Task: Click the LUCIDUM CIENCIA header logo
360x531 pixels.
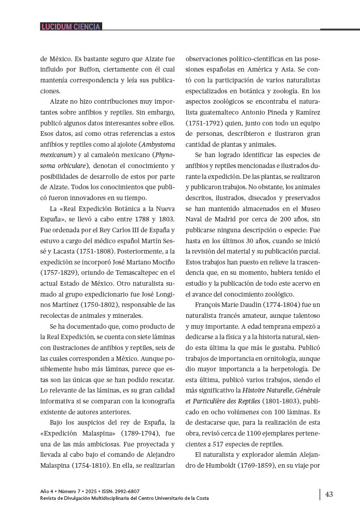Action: pyautogui.click(x=71, y=26)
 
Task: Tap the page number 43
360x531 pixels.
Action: pyautogui.click(x=329, y=494)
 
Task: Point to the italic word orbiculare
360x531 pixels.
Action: pyautogui.click(x=71, y=166)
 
